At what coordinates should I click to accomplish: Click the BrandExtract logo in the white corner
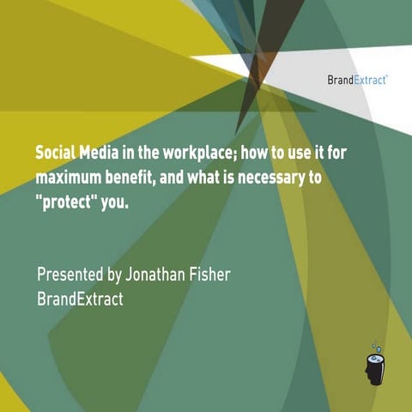(357, 80)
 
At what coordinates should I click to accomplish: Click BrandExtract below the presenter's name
(80, 300)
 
